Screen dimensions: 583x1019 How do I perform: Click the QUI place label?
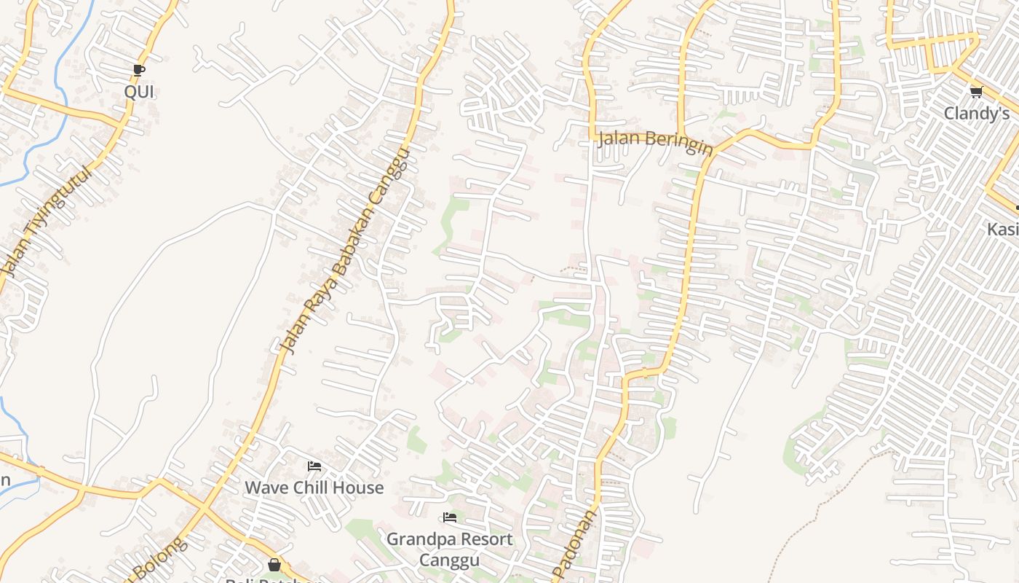point(139,93)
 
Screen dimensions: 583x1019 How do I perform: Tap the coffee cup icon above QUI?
point(139,71)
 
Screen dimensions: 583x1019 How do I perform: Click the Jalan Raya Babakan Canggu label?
point(346,251)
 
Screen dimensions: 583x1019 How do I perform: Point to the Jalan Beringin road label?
point(654,141)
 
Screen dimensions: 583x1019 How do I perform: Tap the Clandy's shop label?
point(977,114)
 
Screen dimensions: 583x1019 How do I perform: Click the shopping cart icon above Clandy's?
point(976,92)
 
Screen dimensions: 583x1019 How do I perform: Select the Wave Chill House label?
point(314,488)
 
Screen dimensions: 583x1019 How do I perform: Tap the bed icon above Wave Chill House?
point(314,466)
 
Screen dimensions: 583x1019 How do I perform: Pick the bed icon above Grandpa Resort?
point(450,518)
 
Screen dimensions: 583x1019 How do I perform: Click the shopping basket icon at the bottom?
point(274,565)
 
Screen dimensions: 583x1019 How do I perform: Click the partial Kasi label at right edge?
point(1003,230)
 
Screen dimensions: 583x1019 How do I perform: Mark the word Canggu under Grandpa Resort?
point(449,560)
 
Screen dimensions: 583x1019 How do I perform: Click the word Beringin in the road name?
point(677,144)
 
